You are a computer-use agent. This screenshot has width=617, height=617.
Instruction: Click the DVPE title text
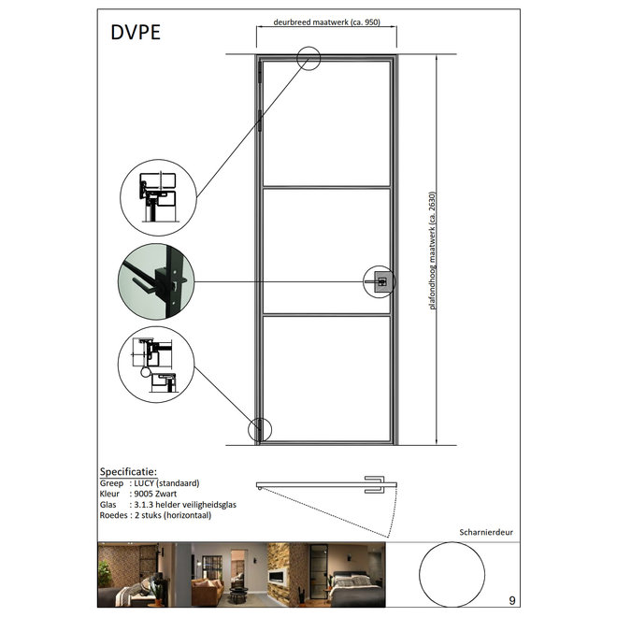tap(136, 33)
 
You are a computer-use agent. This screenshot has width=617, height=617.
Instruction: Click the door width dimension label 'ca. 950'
tap(366, 22)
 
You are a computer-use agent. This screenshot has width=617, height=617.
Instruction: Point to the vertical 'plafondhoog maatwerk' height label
tap(433, 251)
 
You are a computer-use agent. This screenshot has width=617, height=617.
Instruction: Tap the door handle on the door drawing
tap(380, 281)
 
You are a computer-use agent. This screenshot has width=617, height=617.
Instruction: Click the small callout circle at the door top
tap(308, 48)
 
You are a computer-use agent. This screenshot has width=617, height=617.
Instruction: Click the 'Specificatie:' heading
tap(128, 471)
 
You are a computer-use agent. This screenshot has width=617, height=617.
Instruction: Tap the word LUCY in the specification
tap(144, 482)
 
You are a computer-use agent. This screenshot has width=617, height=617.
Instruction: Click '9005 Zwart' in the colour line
tap(155, 494)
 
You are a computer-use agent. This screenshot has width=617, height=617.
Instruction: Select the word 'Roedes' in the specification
tap(113, 515)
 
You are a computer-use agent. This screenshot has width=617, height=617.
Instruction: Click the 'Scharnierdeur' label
tap(486, 532)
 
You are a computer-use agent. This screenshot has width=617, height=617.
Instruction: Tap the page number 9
tap(512, 600)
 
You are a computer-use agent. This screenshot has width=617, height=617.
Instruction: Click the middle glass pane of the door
tap(326, 251)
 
